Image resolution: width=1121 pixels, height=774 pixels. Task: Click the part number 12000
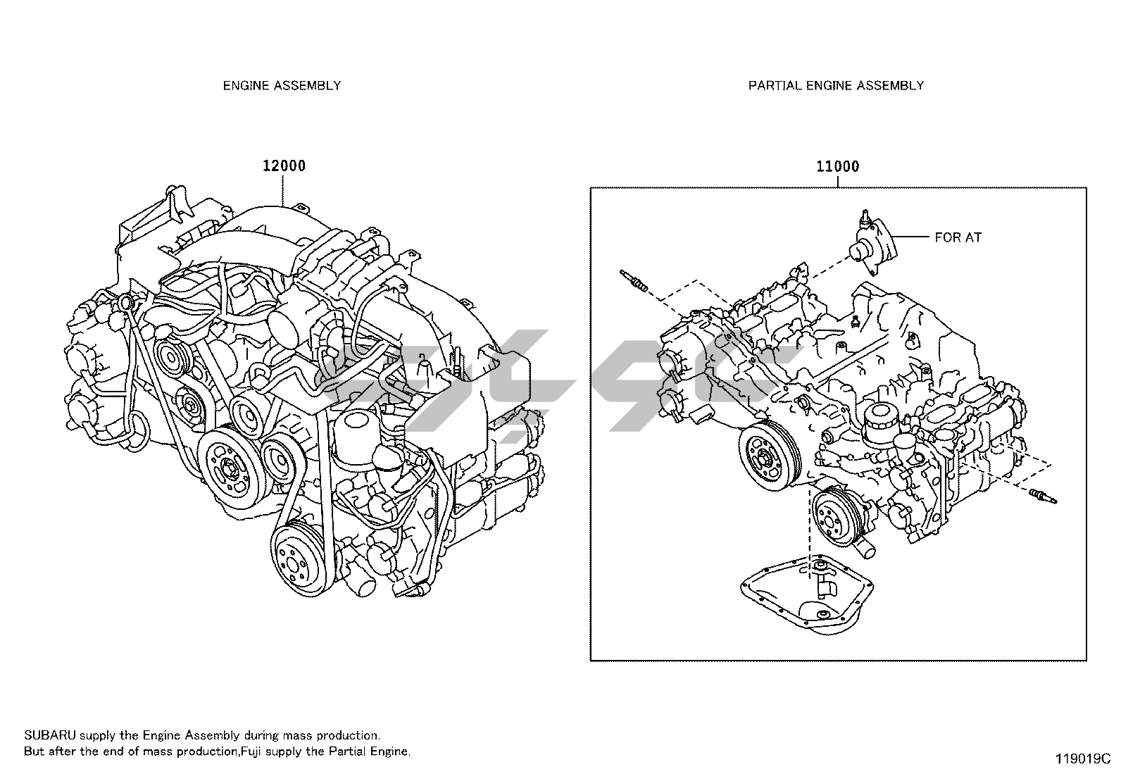pos(284,166)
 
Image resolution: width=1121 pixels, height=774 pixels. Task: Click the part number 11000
pos(837,167)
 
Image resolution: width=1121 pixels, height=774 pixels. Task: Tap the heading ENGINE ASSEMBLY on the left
pos(282,85)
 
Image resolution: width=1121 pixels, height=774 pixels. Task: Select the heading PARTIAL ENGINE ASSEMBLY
pos(836,85)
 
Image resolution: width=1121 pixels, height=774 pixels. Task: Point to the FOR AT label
pos(957,237)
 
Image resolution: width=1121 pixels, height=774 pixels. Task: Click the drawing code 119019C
pos(1082,759)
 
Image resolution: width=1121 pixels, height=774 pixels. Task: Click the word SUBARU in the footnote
pos(46,735)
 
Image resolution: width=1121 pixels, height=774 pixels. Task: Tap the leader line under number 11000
pos(837,181)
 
